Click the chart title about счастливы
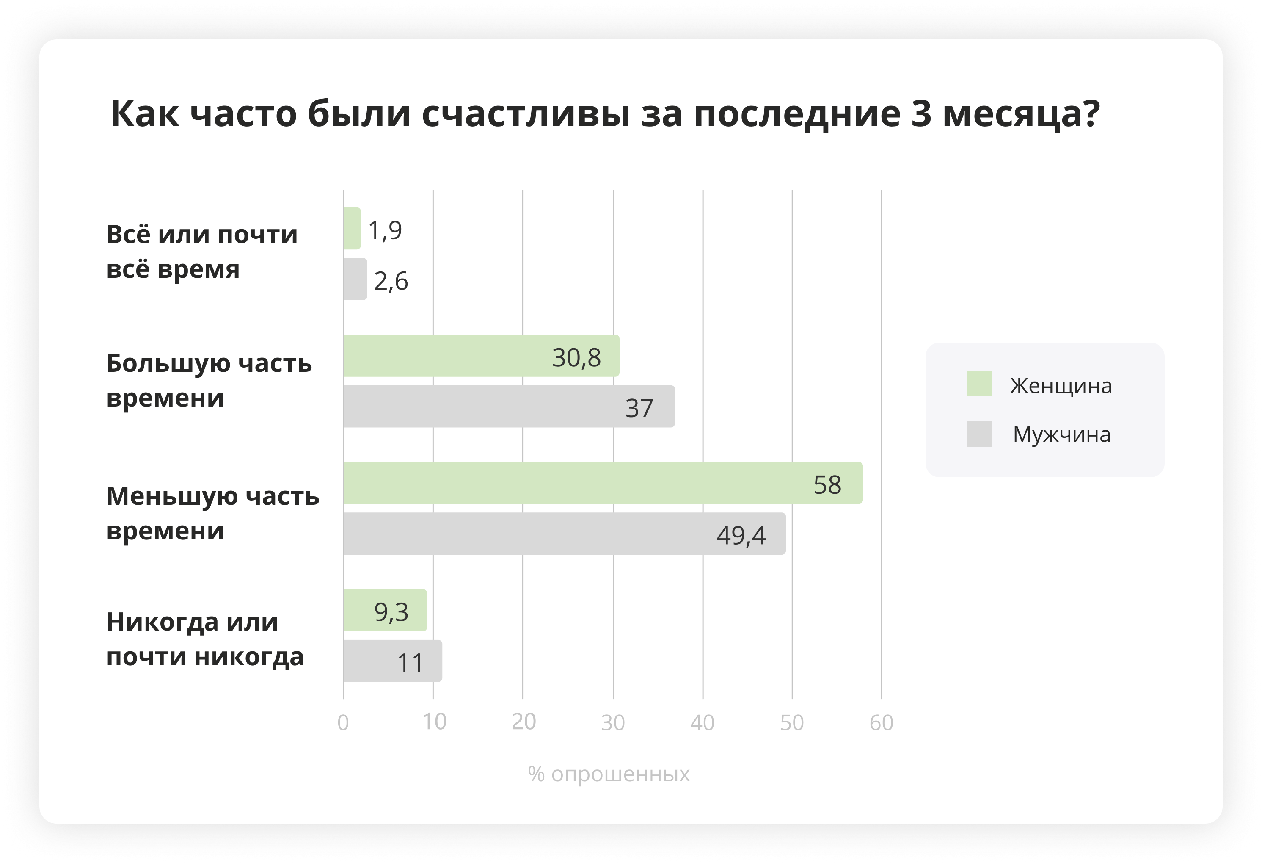pos(605,114)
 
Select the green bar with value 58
pos(603,483)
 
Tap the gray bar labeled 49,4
pos(564,534)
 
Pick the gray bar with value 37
pos(509,407)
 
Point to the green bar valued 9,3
pos(385,610)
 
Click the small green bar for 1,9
pos(352,228)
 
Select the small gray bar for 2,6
pos(355,279)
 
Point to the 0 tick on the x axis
pos(343,723)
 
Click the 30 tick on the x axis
pos(613,723)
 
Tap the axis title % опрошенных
pos(609,774)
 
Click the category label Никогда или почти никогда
pos(205,639)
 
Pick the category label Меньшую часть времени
pos(212,513)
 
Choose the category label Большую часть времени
pos(209,380)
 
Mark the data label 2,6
pos(391,282)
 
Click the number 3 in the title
pos(921,114)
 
